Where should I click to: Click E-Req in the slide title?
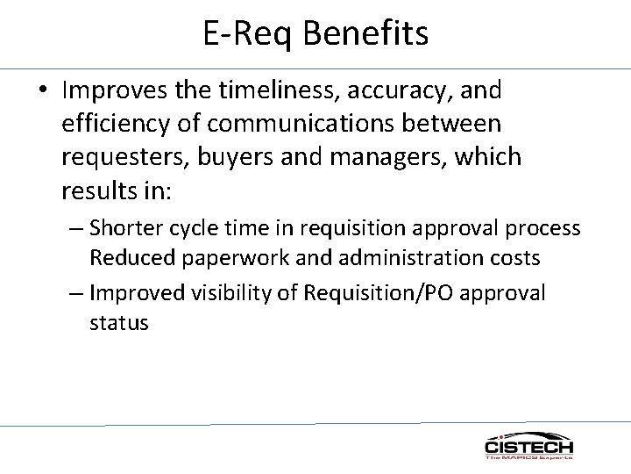click(x=245, y=34)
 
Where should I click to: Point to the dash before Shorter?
click(x=75, y=228)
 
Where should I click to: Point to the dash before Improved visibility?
click(x=75, y=292)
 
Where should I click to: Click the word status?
click(x=119, y=322)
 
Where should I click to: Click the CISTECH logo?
click(x=528, y=446)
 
